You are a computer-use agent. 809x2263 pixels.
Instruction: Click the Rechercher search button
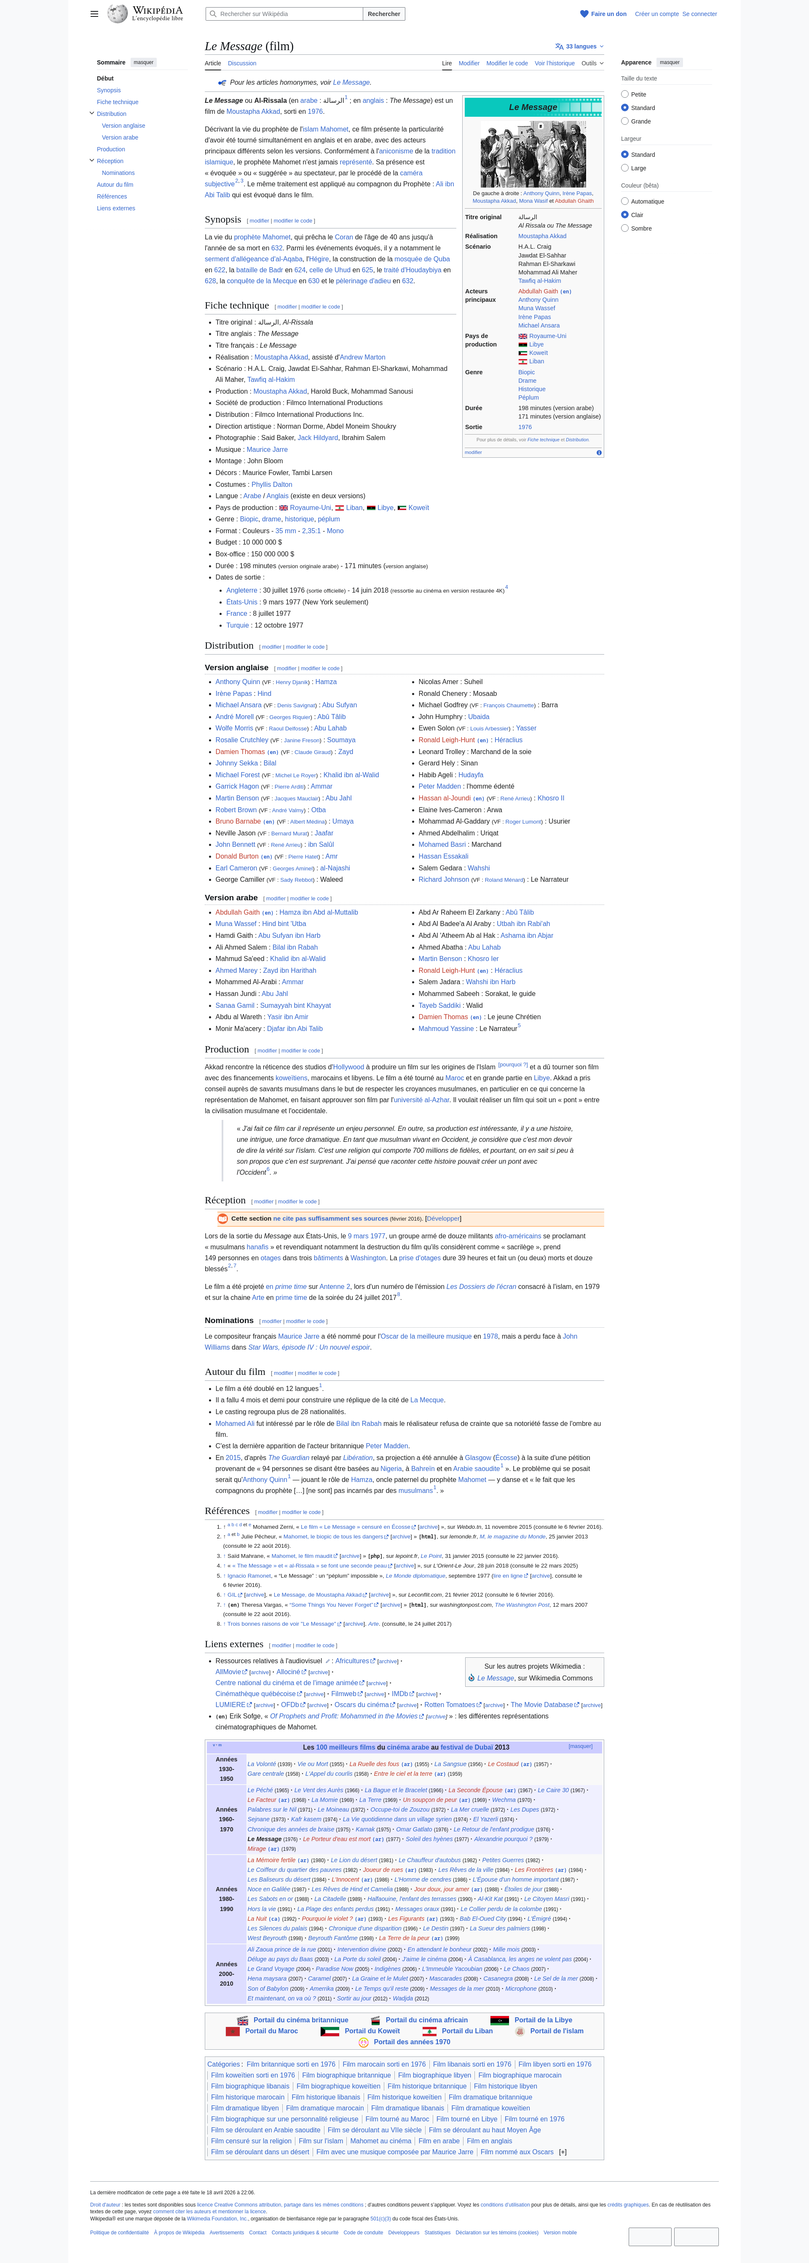[384, 14]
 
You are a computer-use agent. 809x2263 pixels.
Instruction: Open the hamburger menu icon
[94, 14]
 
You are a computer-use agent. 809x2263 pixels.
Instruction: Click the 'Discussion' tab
[241, 63]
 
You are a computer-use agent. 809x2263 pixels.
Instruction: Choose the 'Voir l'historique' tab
[554, 63]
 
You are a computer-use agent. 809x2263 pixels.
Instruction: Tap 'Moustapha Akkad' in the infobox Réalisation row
[542, 236]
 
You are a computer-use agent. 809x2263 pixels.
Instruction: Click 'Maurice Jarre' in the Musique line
[267, 450]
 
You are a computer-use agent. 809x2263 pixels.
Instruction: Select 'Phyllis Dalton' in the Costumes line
[271, 484]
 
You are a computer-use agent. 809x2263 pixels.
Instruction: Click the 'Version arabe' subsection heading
[231, 898]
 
